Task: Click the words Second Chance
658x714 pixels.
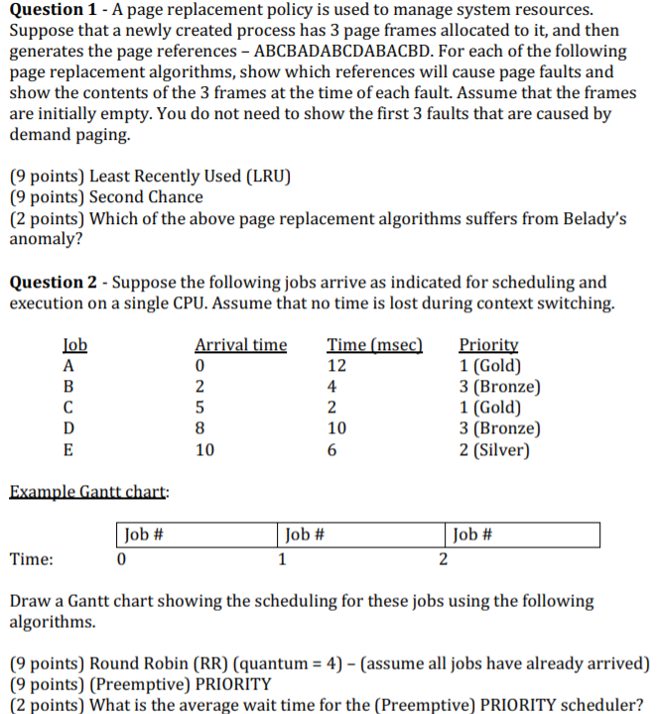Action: [146, 197]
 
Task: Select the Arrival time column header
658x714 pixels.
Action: [240, 345]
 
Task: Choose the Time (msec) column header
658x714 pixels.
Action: [374, 345]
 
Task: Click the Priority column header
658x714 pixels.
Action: [488, 345]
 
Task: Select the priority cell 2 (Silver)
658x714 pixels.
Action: [494, 449]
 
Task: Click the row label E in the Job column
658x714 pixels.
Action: [68, 449]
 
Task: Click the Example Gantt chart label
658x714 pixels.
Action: [88, 491]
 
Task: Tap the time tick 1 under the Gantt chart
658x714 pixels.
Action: [283, 559]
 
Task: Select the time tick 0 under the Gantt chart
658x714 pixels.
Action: [120, 559]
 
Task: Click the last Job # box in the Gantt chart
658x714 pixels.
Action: [523, 535]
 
